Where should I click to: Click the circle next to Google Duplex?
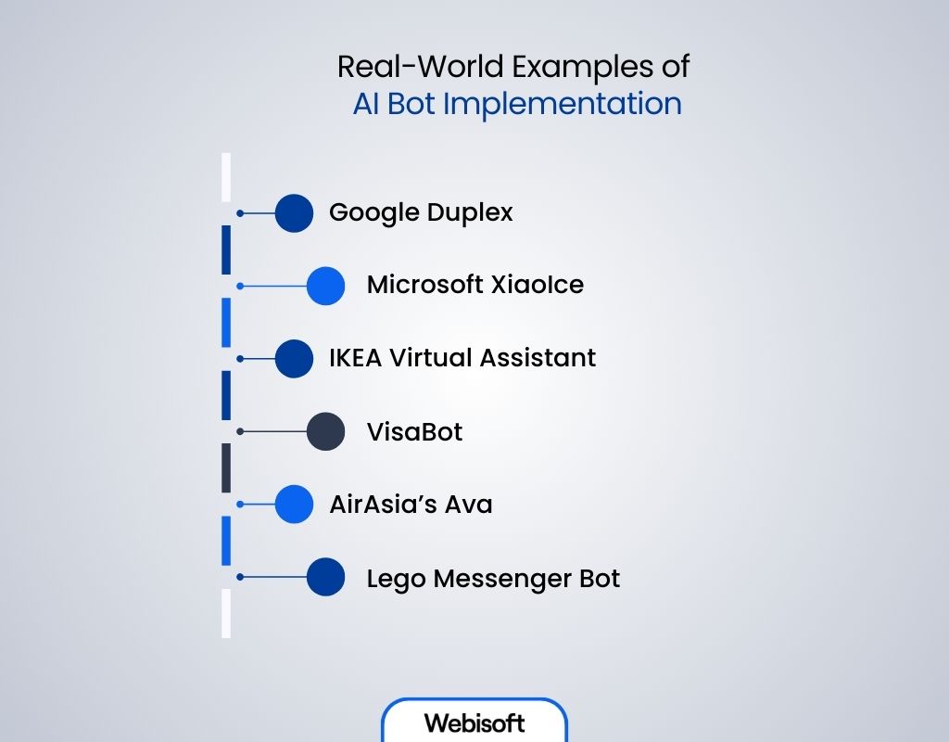tap(294, 212)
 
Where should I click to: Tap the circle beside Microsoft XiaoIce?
tap(325, 286)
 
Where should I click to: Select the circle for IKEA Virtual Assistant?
tap(294, 358)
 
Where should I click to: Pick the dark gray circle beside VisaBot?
tap(325, 431)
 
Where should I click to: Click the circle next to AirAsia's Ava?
tap(294, 505)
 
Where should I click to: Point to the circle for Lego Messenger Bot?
tap(325, 577)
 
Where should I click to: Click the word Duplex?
tap(470, 213)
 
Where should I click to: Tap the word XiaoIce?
tap(545, 284)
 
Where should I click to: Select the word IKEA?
tap(356, 357)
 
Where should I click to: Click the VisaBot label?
tap(414, 431)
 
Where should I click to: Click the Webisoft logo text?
tap(474, 723)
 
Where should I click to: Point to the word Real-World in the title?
tap(405, 67)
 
